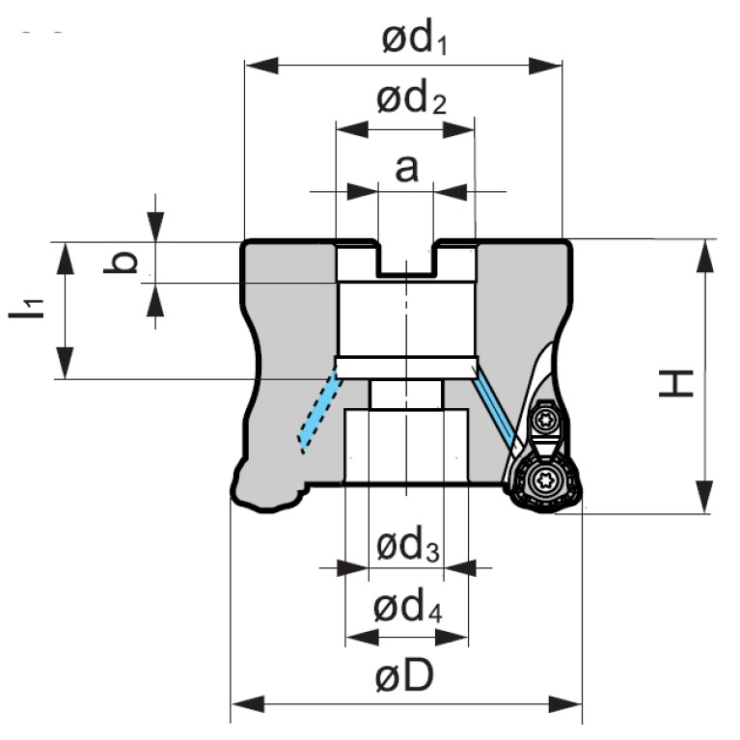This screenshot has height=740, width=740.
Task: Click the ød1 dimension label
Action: [x=414, y=40]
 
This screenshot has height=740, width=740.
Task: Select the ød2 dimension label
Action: [x=411, y=97]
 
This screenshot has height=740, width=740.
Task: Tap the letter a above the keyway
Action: [x=406, y=169]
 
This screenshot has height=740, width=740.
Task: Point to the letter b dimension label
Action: [x=121, y=262]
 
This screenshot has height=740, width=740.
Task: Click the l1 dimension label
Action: [x=26, y=308]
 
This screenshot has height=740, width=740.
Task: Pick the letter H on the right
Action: [x=675, y=383]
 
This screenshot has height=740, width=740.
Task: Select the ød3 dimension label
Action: [x=408, y=546]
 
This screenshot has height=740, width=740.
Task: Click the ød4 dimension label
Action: [x=408, y=608]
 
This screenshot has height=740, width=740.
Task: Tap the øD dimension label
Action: [x=404, y=675]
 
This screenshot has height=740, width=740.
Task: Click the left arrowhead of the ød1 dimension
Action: [x=261, y=66]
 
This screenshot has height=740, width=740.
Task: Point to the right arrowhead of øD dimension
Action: [x=565, y=704]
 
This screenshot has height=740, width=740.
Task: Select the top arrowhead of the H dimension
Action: [x=705, y=256]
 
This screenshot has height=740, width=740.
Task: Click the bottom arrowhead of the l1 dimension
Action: [x=66, y=363]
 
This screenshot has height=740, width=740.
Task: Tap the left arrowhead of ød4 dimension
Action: [x=362, y=638]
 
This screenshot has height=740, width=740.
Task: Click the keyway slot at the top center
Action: [x=406, y=259]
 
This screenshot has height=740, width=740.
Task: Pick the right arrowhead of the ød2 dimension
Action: [x=458, y=130]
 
